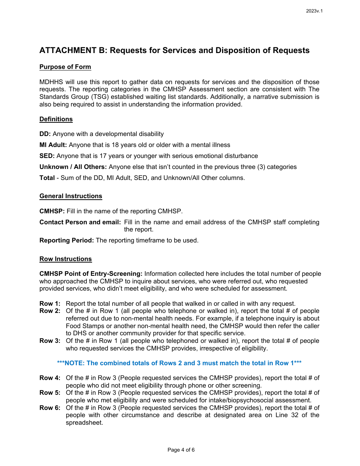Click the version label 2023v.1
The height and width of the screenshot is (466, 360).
(314, 11)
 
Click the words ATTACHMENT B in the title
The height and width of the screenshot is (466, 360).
(73, 50)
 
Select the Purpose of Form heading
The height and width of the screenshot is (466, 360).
(65, 67)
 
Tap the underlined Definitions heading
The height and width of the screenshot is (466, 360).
(56, 119)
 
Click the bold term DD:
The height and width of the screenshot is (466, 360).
(45, 134)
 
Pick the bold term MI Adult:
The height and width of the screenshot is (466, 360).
(53, 145)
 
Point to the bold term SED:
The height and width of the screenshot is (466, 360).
(47, 156)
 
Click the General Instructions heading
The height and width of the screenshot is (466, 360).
(71, 196)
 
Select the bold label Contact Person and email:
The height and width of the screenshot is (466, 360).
(80, 222)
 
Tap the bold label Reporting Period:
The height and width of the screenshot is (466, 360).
(67, 241)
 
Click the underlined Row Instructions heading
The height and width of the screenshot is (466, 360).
(66, 259)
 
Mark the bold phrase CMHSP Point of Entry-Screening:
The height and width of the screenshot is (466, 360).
(91, 274)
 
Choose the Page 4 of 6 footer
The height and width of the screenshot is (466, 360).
(181, 450)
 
